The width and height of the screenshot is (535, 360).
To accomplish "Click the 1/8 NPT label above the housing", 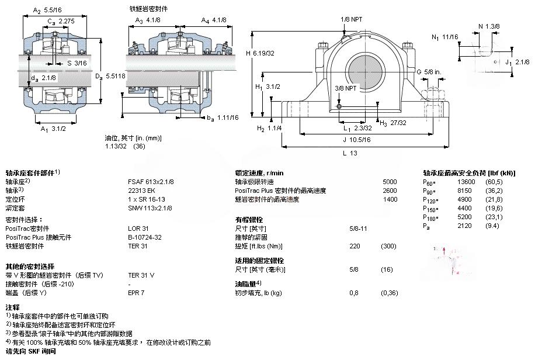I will click(x=352, y=19).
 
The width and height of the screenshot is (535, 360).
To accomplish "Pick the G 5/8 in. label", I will click(x=429, y=72).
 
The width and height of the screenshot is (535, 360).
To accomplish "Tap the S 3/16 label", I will click(x=77, y=63).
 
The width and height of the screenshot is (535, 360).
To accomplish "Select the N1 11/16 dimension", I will click(x=444, y=37).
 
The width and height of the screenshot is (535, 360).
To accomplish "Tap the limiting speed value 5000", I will click(x=389, y=182).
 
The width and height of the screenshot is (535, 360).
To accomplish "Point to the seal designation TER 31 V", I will click(x=141, y=275).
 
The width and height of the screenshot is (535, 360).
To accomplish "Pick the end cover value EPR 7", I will click(x=136, y=292).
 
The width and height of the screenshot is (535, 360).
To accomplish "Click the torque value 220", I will click(x=354, y=245).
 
